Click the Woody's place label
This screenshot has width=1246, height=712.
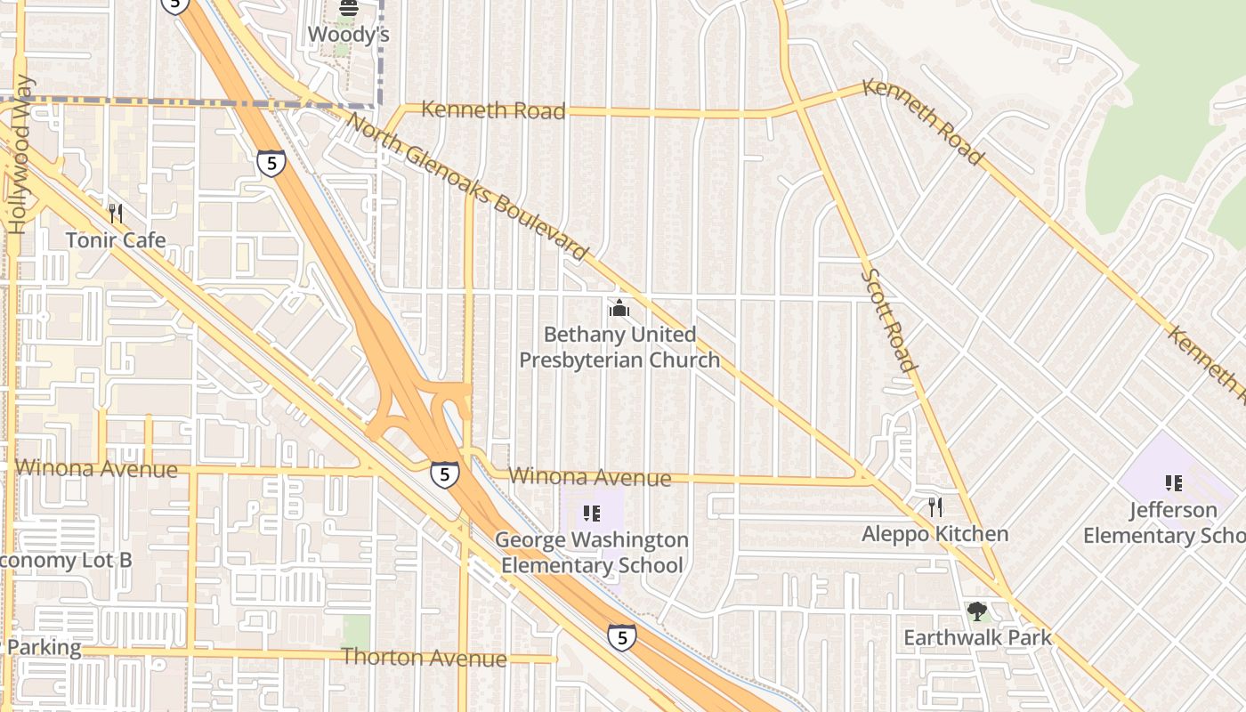click(349, 34)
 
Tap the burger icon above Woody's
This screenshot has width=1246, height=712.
click(349, 9)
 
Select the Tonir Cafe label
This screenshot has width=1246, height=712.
click(116, 240)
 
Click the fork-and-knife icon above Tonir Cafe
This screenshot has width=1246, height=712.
click(115, 214)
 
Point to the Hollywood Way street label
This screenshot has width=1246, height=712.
click(20, 156)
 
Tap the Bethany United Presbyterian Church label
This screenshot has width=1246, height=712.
click(619, 347)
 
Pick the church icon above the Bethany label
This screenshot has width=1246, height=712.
click(619, 309)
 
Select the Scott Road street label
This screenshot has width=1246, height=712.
click(887, 320)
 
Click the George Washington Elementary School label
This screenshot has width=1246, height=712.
click(592, 553)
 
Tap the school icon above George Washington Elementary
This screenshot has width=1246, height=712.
click(591, 514)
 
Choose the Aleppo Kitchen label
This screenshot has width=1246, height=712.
click(935, 534)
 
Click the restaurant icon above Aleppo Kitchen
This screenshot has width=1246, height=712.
click(935, 507)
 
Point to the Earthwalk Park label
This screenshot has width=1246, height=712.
click(977, 638)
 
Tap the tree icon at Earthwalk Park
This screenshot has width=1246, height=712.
click(977, 611)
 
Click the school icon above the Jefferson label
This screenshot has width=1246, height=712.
click(1174, 483)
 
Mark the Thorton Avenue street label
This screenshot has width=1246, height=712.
click(424, 658)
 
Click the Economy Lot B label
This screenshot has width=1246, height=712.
click(64, 561)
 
